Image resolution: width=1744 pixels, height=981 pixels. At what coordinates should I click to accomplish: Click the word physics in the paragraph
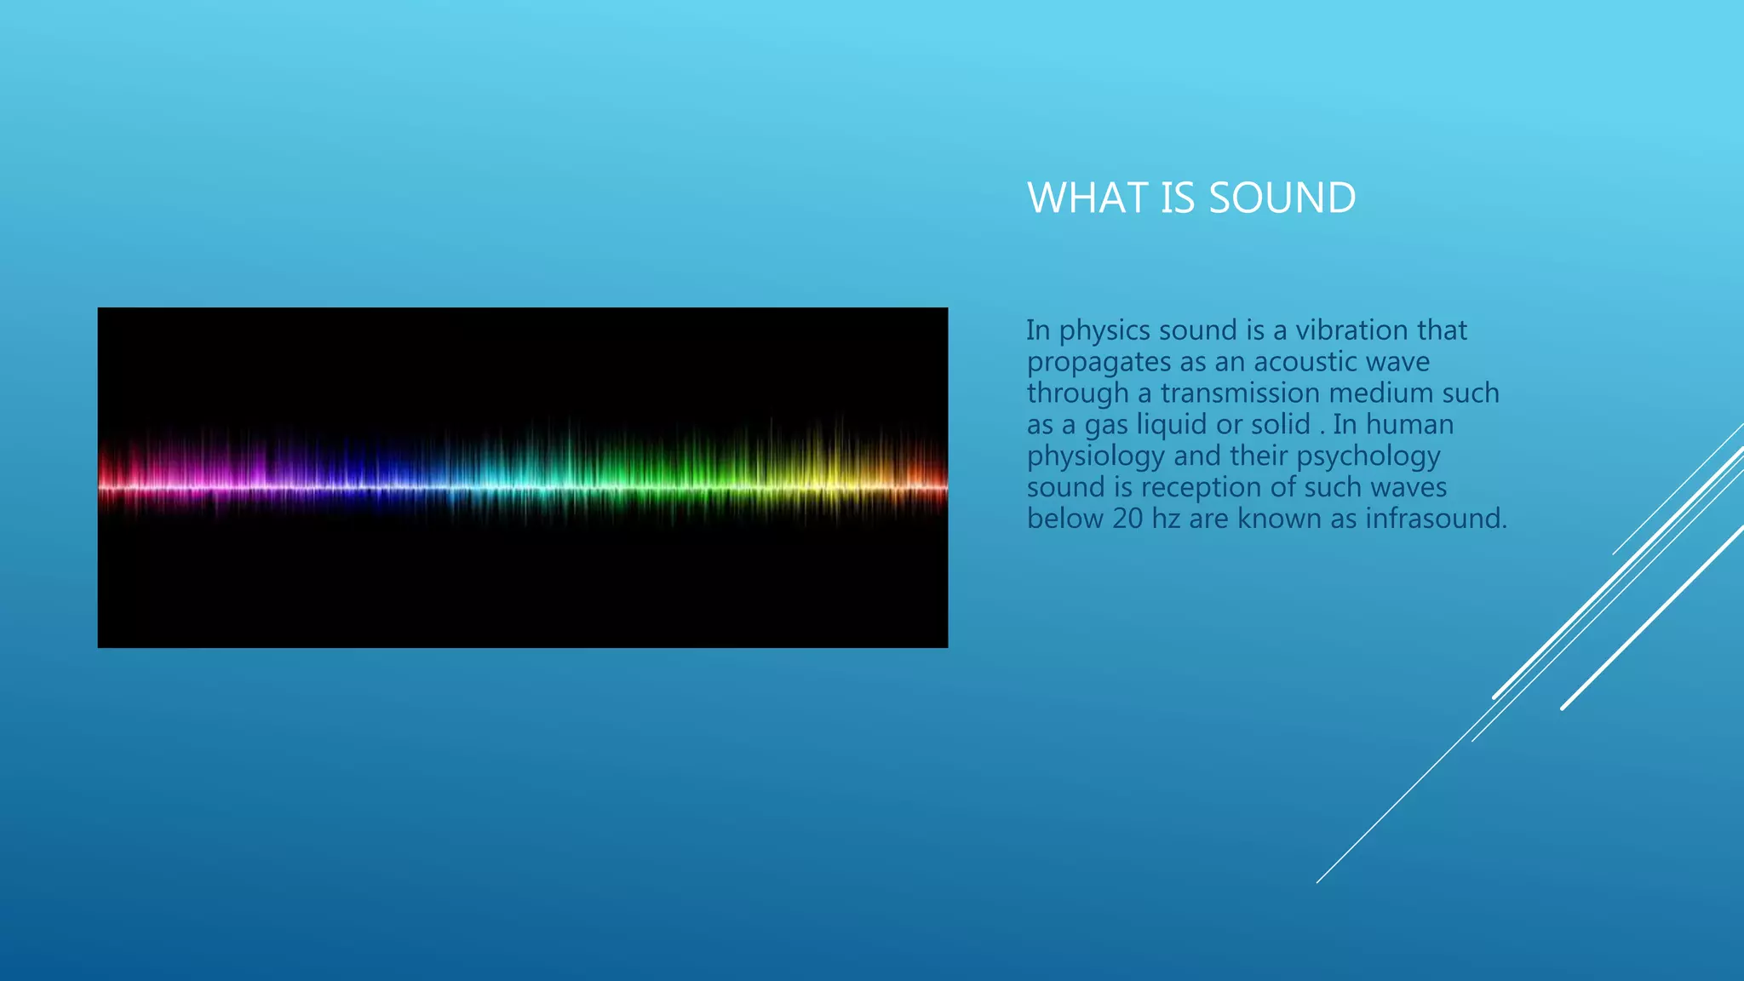[1104, 331]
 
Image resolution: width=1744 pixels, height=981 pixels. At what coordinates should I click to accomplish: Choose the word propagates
[1099, 363]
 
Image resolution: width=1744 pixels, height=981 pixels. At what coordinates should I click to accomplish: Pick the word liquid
[1172, 425]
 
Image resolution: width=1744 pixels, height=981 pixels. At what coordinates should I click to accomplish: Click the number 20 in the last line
[1127, 519]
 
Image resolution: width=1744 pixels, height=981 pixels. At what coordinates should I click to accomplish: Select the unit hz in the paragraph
[1166, 519]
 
